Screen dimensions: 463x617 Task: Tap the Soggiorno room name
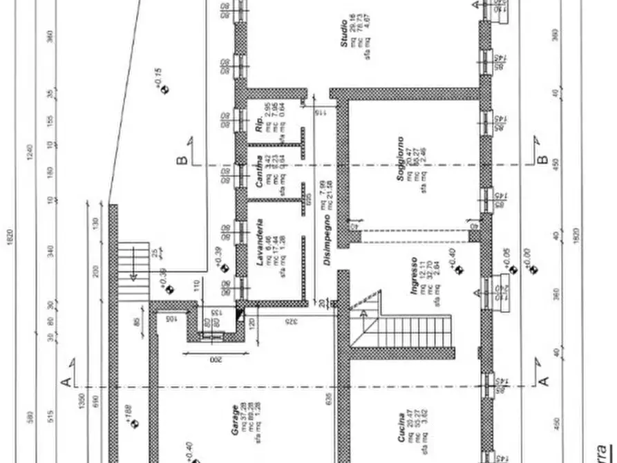400,159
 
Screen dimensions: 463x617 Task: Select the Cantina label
259,173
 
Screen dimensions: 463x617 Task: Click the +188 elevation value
129,413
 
